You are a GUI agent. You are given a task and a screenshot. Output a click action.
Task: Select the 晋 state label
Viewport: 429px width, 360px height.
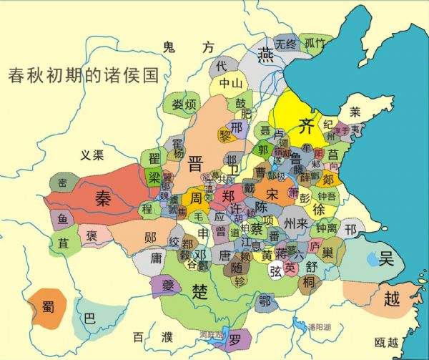[195, 163]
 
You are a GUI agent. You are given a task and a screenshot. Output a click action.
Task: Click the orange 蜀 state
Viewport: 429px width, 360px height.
[48, 310]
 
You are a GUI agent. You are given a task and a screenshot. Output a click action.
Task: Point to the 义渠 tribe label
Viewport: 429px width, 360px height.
[92, 154]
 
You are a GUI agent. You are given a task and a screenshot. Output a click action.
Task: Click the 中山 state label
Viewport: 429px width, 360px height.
[231, 84]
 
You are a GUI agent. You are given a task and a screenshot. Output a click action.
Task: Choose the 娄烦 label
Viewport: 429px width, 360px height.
[184, 104]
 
